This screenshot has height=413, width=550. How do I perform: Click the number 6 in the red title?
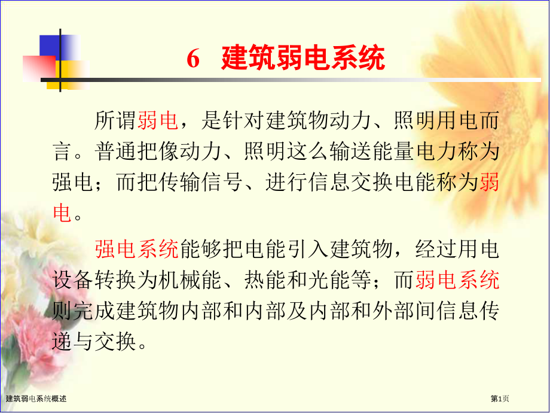coord(192,60)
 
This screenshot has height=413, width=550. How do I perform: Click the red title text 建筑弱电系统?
coord(303,59)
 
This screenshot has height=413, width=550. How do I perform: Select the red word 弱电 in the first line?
coord(158,122)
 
